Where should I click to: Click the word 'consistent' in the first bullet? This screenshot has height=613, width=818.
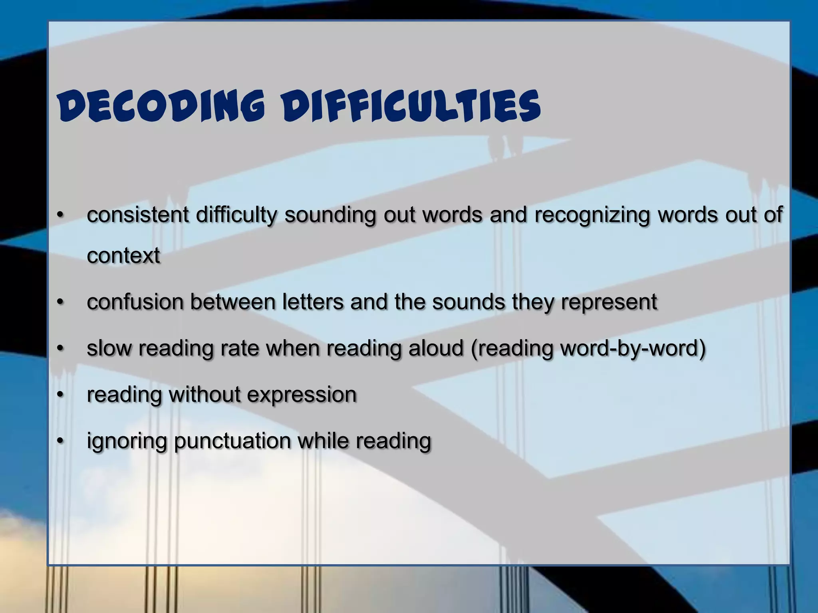pos(138,215)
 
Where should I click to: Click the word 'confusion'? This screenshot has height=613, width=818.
pos(135,302)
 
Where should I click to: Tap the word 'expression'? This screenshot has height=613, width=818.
pos(302,395)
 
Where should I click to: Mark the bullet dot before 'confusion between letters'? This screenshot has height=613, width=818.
pos(60,302)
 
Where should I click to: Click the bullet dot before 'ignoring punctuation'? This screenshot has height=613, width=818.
pos(60,441)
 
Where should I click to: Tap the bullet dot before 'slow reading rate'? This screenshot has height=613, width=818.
pos(60,348)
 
